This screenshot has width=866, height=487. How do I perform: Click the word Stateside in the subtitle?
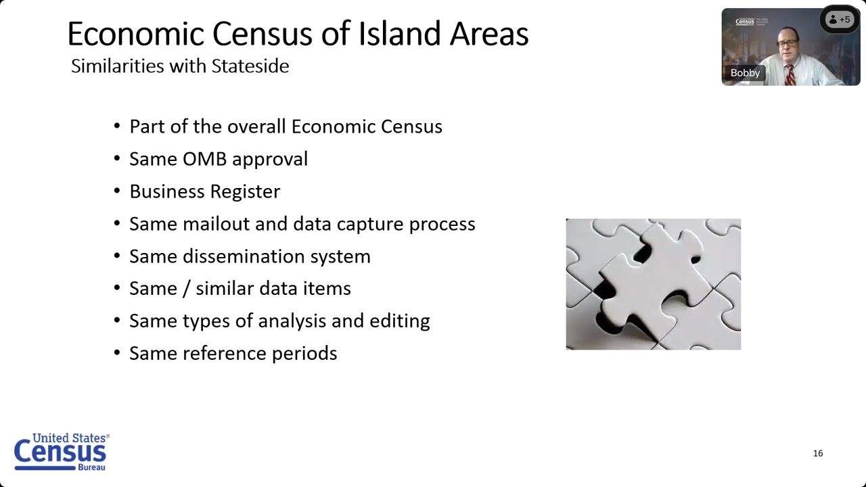pyautogui.click(x=250, y=66)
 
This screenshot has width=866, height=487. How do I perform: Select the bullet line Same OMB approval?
pyautogui.click(x=218, y=159)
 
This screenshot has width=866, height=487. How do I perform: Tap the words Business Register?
pyautogui.click(x=204, y=191)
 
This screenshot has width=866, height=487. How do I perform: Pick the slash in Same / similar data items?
pyautogui.click(x=189, y=289)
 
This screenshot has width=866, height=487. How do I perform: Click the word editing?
pyautogui.click(x=399, y=321)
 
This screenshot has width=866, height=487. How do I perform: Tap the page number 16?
pyautogui.click(x=818, y=453)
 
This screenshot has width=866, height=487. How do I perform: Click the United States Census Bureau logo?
pyautogui.click(x=61, y=452)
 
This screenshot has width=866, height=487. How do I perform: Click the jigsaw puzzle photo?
pyautogui.click(x=653, y=284)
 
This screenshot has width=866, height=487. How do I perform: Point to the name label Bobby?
pyautogui.click(x=745, y=73)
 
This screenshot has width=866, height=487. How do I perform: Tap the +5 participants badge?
pyautogui.click(x=840, y=20)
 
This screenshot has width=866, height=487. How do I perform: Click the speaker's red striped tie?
pyautogui.click(x=790, y=74)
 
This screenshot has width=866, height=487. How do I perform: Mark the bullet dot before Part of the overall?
pyautogui.click(x=117, y=127)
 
